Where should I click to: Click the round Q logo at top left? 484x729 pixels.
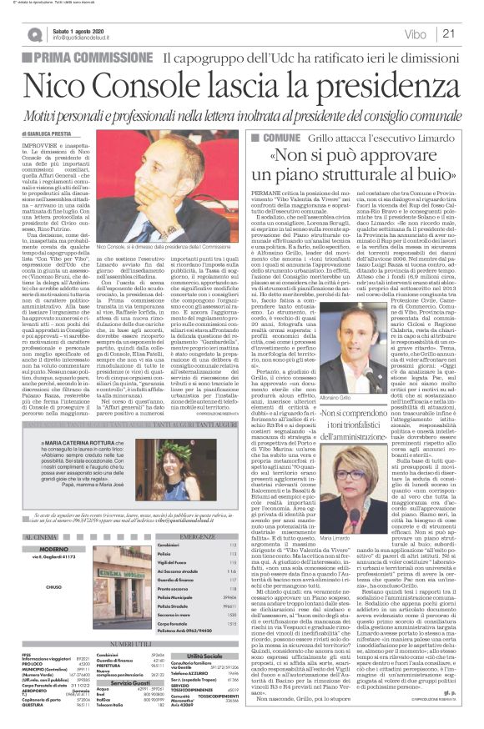33,34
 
